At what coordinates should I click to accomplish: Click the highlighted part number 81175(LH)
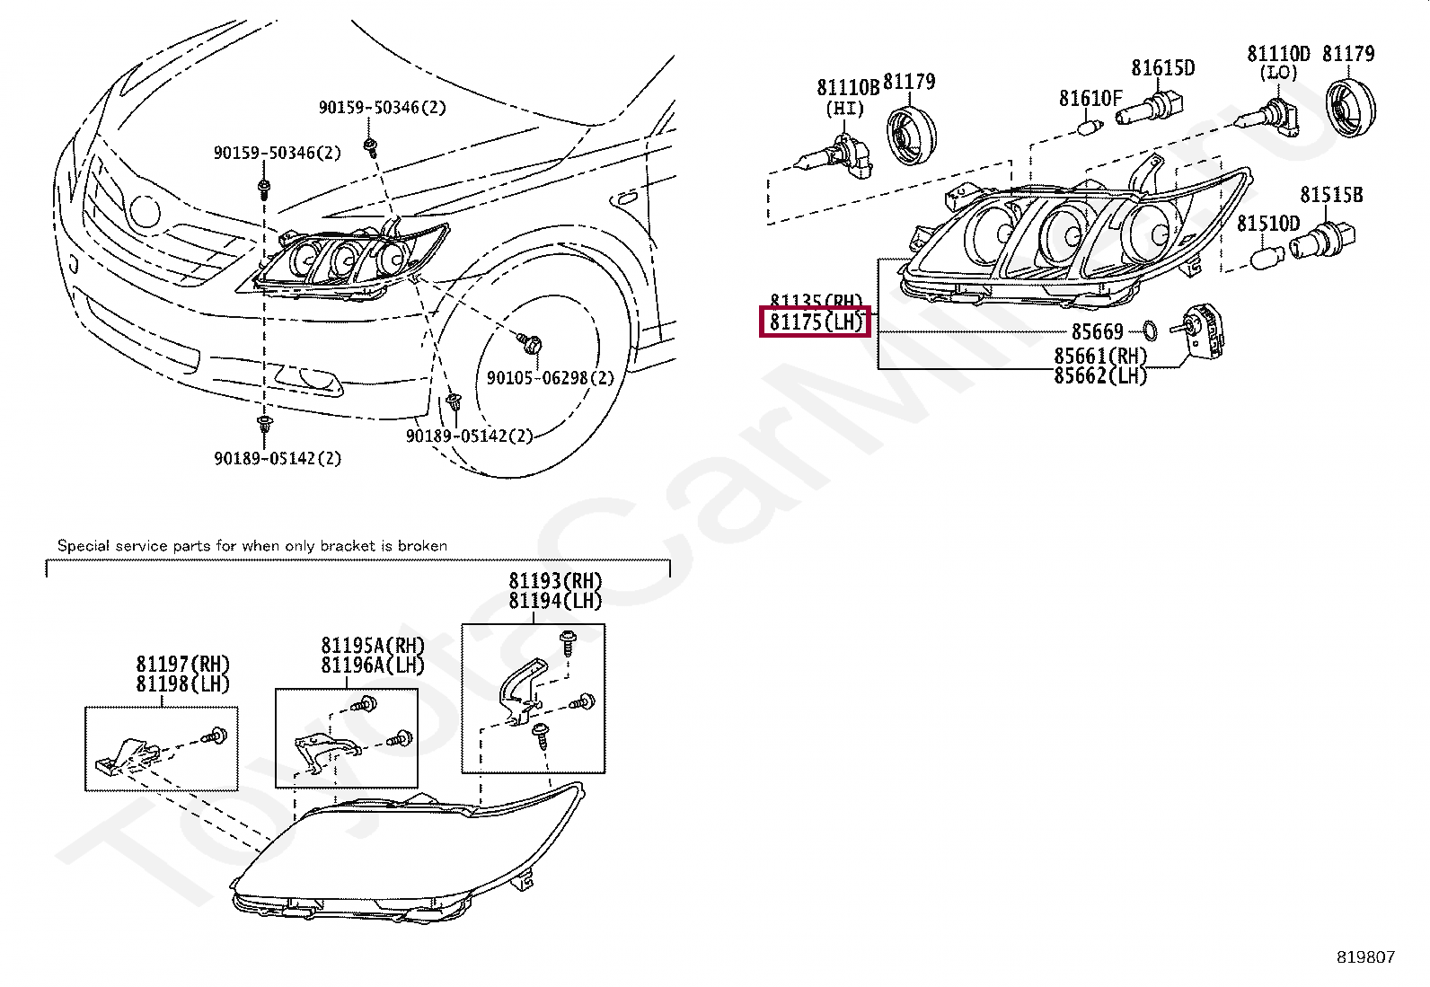816,322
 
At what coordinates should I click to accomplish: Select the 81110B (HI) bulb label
847,88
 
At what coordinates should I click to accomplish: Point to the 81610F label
1090,98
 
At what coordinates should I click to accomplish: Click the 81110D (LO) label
1278,54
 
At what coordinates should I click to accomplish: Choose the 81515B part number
1331,195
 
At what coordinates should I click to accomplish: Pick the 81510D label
1268,223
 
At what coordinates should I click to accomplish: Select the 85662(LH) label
1100,375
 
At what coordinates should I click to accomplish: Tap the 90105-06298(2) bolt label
551,378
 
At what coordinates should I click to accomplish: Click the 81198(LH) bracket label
183,683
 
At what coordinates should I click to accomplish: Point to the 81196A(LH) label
373,665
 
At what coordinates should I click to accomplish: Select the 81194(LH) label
555,601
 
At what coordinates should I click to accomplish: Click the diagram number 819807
1365,957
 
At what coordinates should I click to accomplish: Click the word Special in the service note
82,545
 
